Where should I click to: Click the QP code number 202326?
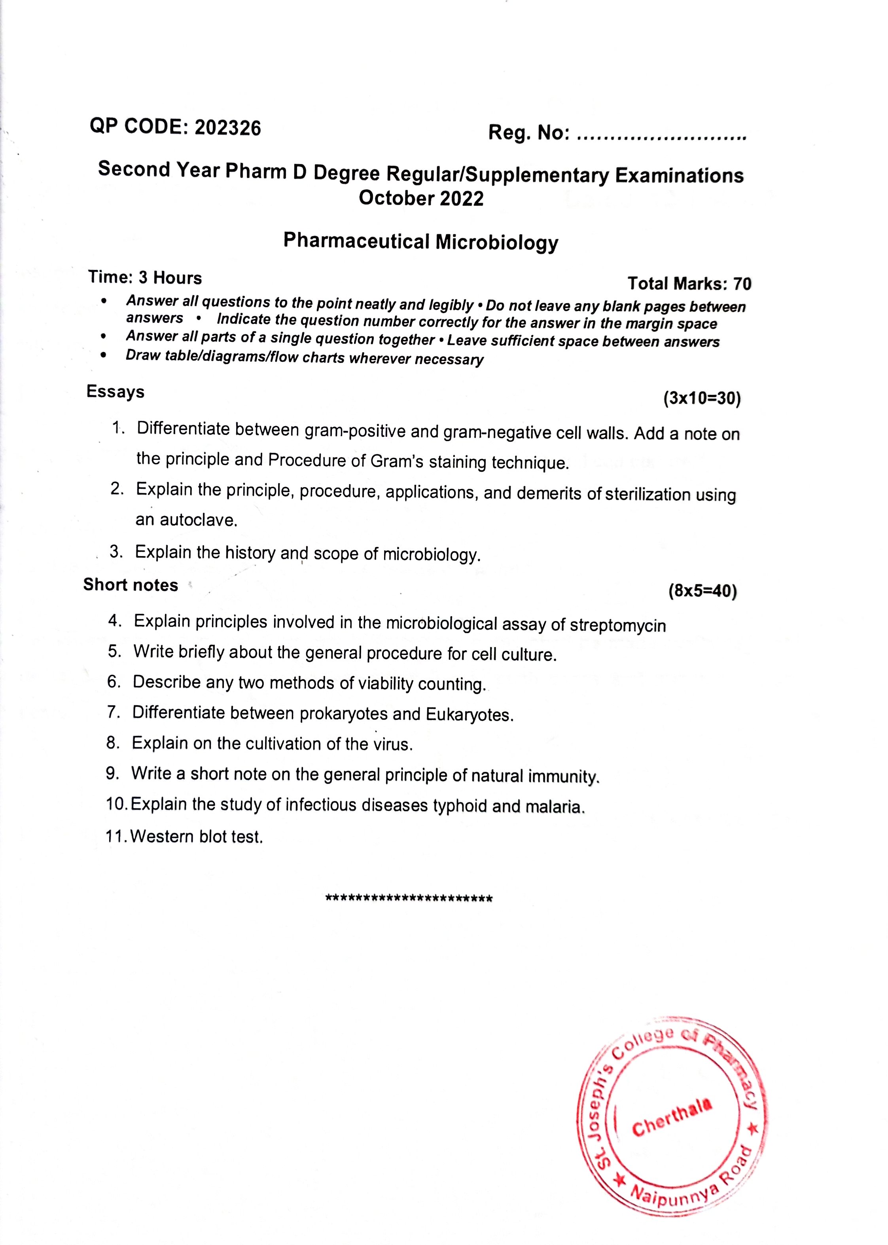227,127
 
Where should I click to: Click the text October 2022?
421,198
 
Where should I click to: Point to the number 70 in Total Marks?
742,284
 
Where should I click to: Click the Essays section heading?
115,392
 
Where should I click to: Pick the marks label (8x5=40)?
702,591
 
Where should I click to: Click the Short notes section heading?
131,585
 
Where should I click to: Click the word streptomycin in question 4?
618,625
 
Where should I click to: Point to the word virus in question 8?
392,744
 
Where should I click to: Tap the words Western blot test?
197,836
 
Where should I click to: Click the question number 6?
113,681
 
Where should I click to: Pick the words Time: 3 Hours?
145,278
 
